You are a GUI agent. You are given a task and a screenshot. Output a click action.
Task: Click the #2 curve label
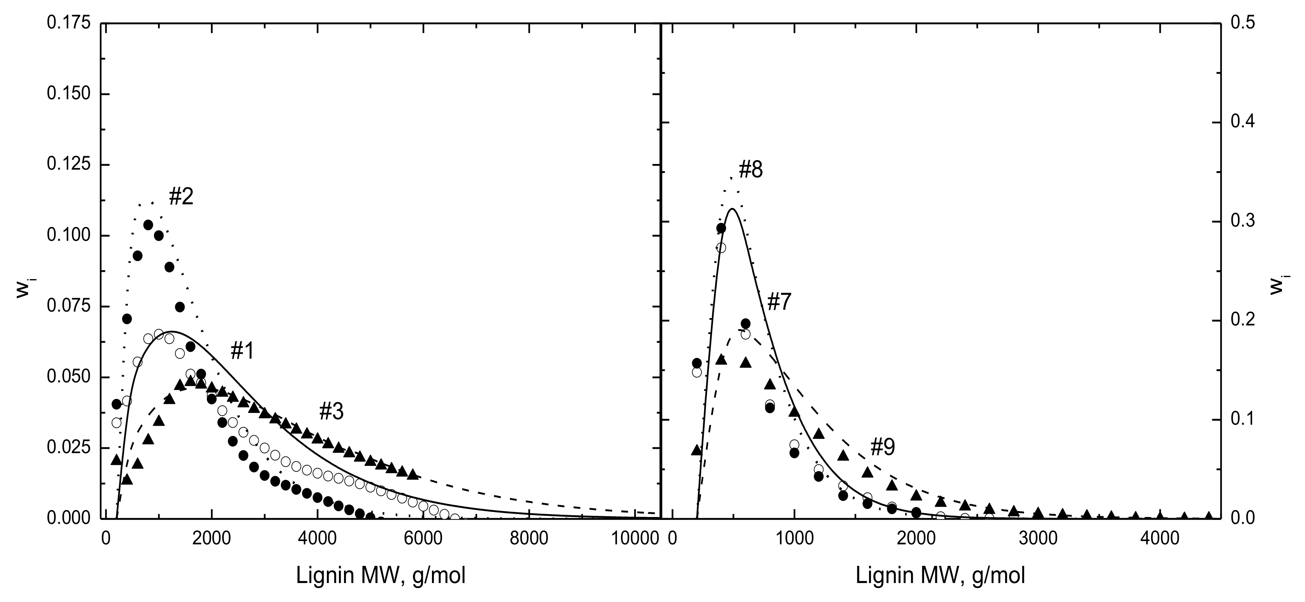click(181, 197)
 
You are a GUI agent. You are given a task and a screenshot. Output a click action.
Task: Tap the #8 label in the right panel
click(751, 170)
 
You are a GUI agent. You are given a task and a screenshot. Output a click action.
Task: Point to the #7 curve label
click(779, 302)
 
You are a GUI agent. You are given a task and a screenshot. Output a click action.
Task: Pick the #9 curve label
click(883, 447)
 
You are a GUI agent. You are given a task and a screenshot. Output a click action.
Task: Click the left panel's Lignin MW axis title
click(381, 576)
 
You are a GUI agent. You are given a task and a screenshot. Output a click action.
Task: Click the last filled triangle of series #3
click(413, 474)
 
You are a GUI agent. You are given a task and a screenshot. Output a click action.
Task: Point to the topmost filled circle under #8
click(721, 228)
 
